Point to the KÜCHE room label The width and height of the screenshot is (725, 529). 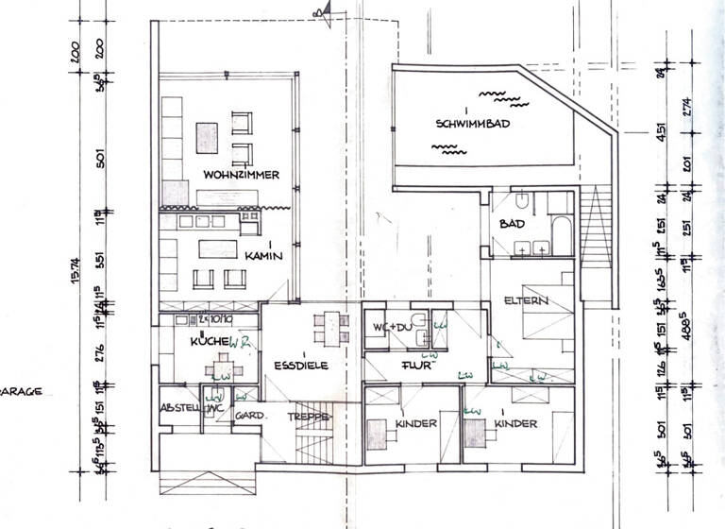coord(204,340)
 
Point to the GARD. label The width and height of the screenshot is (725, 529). coord(248,415)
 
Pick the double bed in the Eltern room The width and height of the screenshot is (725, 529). coord(545,312)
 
